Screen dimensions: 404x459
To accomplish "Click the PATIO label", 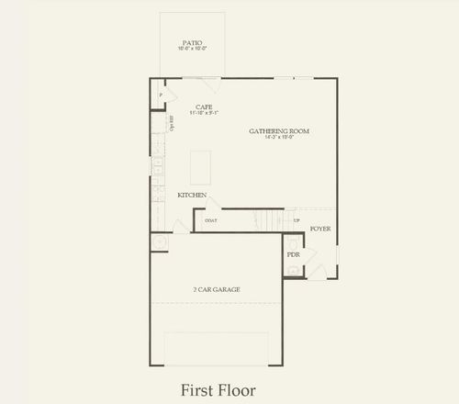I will pos(192,42).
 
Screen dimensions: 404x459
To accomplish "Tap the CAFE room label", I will pos(204,106).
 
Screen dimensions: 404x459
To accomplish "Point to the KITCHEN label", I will pos(192,196).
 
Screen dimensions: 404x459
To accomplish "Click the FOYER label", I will pos(319,228).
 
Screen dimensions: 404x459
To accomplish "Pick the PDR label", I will pos(294,254).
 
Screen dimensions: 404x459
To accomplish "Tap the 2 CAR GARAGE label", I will pos(217,289).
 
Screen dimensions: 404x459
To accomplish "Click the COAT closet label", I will pos(211,221).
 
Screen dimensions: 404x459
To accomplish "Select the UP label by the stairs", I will pos(296,220).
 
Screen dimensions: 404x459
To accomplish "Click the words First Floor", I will pos(218,388).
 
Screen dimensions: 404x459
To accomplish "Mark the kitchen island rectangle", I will pos(199,167).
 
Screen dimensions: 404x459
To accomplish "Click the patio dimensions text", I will pos(192,50).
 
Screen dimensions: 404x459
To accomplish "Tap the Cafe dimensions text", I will pos(204,113).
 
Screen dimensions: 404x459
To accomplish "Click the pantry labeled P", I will pos(161,95).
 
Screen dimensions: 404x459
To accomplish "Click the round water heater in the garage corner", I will pos(160,242).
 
